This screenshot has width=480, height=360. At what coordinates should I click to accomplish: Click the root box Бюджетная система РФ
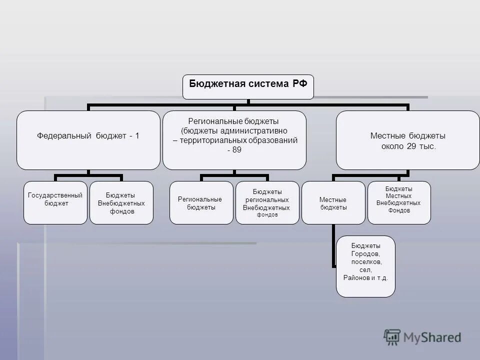(x=248, y=87)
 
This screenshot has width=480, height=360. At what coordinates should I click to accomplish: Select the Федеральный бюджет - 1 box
(x=88, y=140)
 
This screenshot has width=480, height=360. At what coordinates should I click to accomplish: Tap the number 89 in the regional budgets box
(x=234, y=149)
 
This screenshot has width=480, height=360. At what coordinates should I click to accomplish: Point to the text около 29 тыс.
(x=408, y=146)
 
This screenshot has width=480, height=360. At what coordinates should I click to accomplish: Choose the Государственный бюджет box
(x=55, y=202)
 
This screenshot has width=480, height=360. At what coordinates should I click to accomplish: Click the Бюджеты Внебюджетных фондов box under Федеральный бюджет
(x=121, y=202)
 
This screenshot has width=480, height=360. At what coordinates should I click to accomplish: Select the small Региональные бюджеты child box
(x=201, y=202)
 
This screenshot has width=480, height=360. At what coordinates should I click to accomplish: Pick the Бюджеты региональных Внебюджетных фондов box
(x=267, y=202)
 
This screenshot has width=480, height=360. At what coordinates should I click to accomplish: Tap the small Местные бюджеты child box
(x=333, y=202)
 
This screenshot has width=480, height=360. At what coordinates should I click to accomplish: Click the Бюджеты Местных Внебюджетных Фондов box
(x=399, y=202)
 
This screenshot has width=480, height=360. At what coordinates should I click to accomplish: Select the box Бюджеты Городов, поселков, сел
(x=365, y=266)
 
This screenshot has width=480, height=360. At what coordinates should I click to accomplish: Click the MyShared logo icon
(x=392, y=337)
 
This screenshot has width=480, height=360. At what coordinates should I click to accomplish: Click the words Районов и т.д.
(x=365, y=277)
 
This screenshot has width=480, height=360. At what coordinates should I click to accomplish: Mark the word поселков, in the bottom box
(x=365, y=261)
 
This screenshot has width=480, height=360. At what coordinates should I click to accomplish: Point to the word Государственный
(x=55, y=195)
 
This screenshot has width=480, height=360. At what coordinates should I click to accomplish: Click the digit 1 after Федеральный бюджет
(x=137, y=136)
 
